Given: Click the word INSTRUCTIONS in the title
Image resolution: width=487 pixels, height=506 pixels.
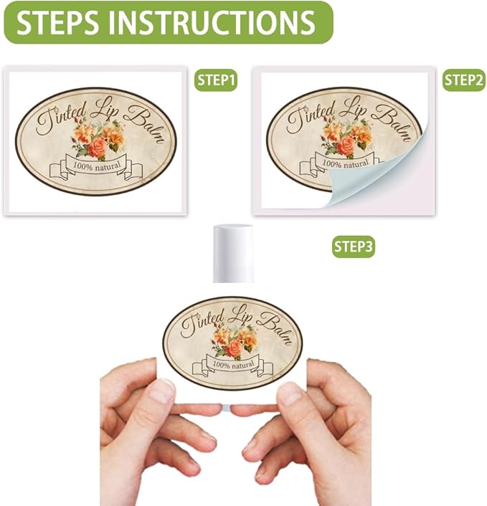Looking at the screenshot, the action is pyautogui.click(x=212, y=23).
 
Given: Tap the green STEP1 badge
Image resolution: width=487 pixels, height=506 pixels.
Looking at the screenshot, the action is pyautogui.click(x=216, y=80).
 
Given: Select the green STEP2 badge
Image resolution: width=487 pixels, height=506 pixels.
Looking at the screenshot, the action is pyautogui.click(x=464, y=80).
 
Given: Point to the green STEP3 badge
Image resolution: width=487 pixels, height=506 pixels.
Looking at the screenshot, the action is pyautogui.click(x=354, y=247).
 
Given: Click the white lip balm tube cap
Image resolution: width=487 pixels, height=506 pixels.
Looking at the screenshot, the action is pyautogui.click(x=233, y=254).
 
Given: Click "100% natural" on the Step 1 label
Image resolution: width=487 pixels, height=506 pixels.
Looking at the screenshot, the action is pyautogui.click(x=97, y=166).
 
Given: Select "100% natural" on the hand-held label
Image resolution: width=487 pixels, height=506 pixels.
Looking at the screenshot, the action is pyautogui.click(x=233, y=366).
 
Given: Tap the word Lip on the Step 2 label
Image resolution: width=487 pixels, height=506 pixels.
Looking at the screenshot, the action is pyautogui.click(x=352, y=108).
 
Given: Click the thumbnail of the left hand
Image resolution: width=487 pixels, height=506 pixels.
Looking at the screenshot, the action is pyautogui.click(x=163, y=390).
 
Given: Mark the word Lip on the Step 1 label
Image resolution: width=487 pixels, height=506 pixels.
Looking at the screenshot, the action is pyautogui.click(x=104, y=108).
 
